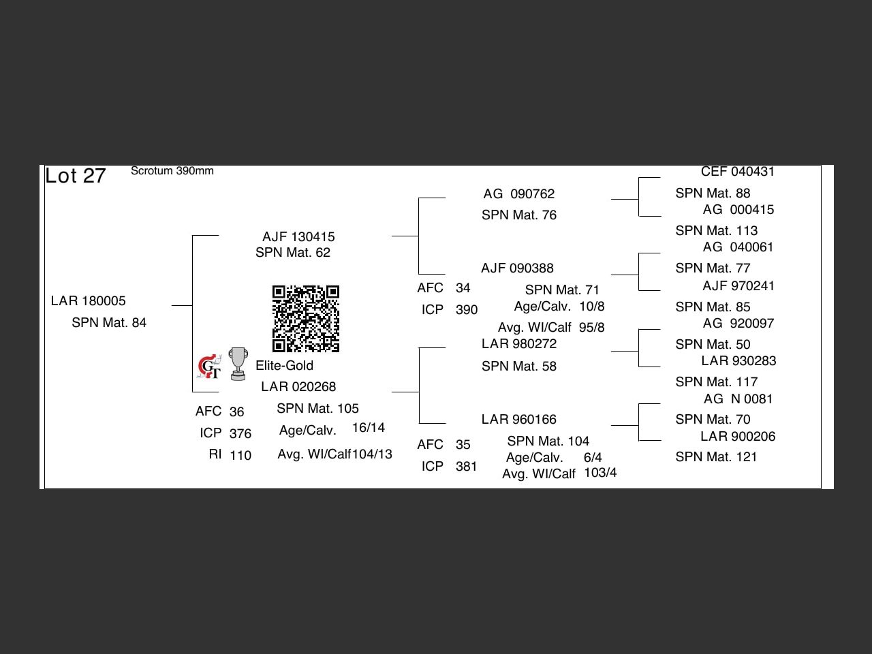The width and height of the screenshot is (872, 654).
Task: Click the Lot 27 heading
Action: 76,176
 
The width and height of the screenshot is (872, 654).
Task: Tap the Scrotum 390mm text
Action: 172,171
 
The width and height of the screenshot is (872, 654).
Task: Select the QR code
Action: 306,319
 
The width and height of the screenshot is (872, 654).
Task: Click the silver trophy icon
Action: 238,364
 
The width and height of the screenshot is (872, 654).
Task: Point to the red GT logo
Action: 209,367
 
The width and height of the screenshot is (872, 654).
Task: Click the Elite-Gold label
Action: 284,366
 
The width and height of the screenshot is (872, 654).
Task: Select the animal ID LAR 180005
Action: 89,301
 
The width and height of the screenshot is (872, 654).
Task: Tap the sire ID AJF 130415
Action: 298,237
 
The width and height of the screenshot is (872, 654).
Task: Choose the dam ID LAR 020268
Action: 298,387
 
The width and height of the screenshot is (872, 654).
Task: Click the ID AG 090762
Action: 519,194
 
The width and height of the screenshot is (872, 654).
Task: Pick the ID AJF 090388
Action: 517,268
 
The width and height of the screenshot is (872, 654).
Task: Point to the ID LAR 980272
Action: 519,344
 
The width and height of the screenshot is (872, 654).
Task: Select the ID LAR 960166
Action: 519,420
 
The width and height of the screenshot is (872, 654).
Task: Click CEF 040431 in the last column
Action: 738,172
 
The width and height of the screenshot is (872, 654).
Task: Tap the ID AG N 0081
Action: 738,399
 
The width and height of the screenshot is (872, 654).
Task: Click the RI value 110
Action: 240,456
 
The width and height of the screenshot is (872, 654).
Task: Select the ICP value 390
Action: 467,310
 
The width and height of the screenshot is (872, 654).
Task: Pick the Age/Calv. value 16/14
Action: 369,428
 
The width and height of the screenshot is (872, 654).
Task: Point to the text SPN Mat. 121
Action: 716,457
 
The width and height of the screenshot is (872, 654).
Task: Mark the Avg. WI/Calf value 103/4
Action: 600,473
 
